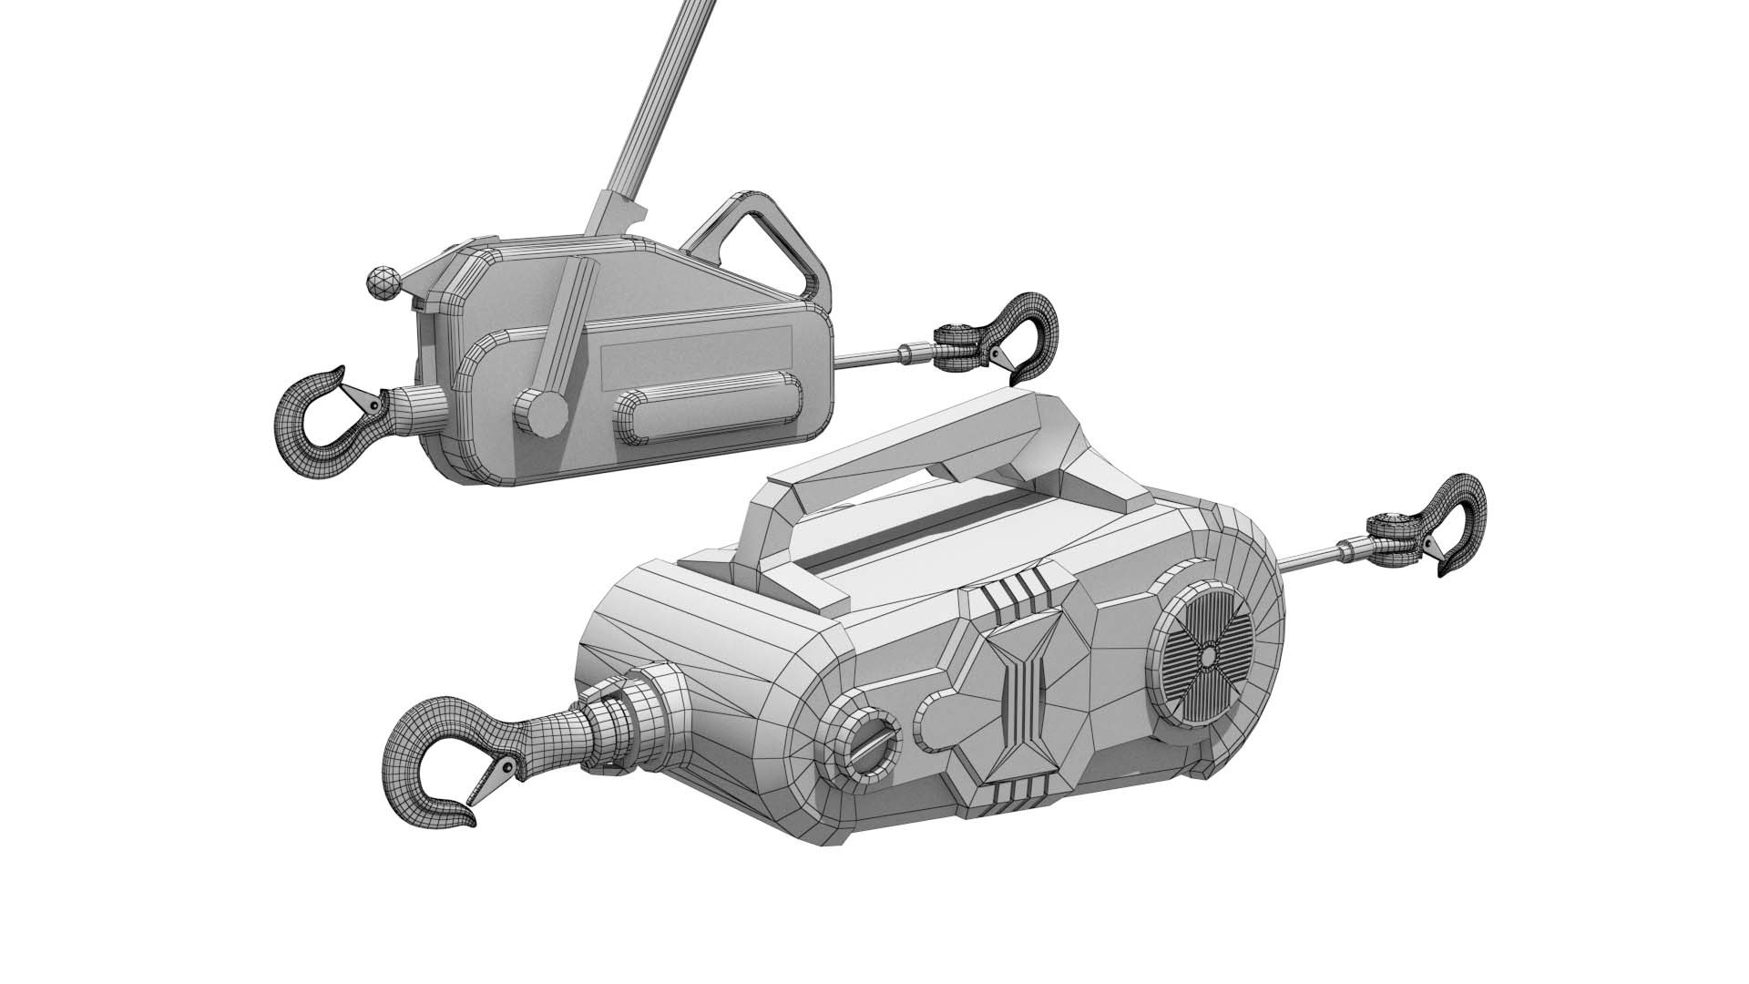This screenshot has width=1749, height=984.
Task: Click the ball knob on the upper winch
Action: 384,283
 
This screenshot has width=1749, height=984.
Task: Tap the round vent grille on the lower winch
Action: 1204,654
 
